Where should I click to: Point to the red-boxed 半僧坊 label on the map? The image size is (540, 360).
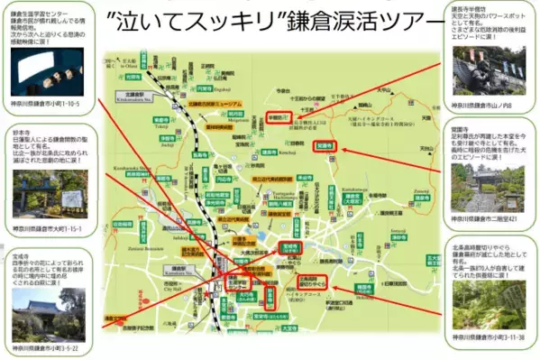point(278,115)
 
